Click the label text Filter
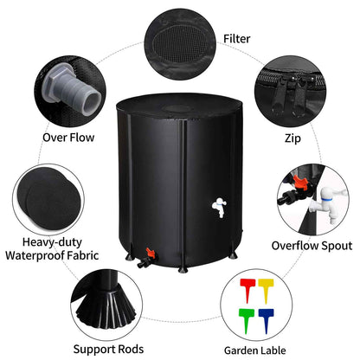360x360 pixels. pos(237,38)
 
